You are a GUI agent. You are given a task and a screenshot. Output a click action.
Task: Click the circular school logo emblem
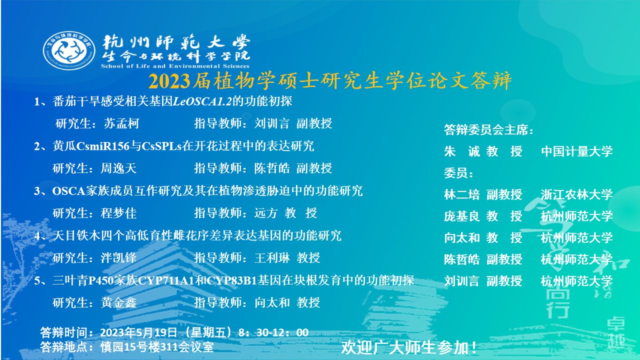[x=69, y=50]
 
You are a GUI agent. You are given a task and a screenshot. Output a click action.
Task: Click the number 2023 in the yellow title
[x=169, y=81]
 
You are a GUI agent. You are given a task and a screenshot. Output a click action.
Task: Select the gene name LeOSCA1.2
[x=202, y=101]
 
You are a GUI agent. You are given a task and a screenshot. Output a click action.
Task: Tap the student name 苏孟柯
[x=121, y=123]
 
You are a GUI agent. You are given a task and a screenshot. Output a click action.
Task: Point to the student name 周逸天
[x=118, y=168]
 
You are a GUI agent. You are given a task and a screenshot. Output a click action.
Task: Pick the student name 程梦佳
[x=118, y=213]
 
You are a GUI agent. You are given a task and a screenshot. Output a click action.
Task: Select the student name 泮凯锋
[x=118, y=258]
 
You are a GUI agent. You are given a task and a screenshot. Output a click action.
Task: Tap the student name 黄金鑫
[x=118, y=303]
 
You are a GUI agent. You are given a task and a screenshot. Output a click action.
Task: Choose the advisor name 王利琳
[x=272, y=258]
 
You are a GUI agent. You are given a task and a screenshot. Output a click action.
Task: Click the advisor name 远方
[x=266, y=213]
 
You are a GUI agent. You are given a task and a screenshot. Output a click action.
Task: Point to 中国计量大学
[x=576, y=151]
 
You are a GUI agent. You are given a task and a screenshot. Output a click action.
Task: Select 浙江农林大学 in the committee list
[x=576, y=194]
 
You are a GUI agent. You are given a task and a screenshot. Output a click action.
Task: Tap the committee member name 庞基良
[x=461, y=216]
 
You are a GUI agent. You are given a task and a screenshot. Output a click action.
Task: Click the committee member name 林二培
[x=461, y=194]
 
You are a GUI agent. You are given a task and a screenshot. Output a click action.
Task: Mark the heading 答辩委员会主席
[x=485, y=129]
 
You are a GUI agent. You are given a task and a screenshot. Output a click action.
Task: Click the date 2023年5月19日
[x=138, y=332]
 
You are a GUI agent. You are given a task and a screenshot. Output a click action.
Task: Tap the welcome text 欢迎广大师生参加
[x=405, y=347]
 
